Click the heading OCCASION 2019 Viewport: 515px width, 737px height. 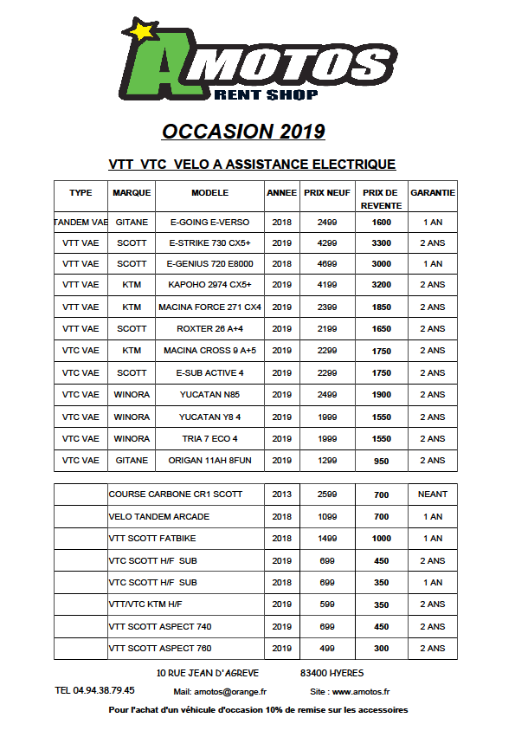[243, 131]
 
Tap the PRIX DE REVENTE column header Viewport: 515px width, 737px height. [381, 198]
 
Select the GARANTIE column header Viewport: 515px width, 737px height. [433, 192]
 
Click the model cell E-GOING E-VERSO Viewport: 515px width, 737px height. [209, 223]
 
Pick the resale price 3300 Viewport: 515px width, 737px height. [381, 243]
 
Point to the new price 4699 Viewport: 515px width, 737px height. [327, 264]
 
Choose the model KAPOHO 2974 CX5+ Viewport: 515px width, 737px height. [209, 285]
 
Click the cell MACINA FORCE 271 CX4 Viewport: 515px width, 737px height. [209, 307]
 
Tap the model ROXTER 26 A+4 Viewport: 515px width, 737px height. [209, 329]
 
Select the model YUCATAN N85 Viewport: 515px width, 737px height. [209, 395]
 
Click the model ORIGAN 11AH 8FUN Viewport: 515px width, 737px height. [209, 461]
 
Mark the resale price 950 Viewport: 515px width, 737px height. [381, 462]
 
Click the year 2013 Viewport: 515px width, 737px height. [281, 495]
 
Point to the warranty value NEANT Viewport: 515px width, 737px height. [433, 495]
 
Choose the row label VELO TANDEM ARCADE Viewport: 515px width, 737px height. [159, 517]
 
